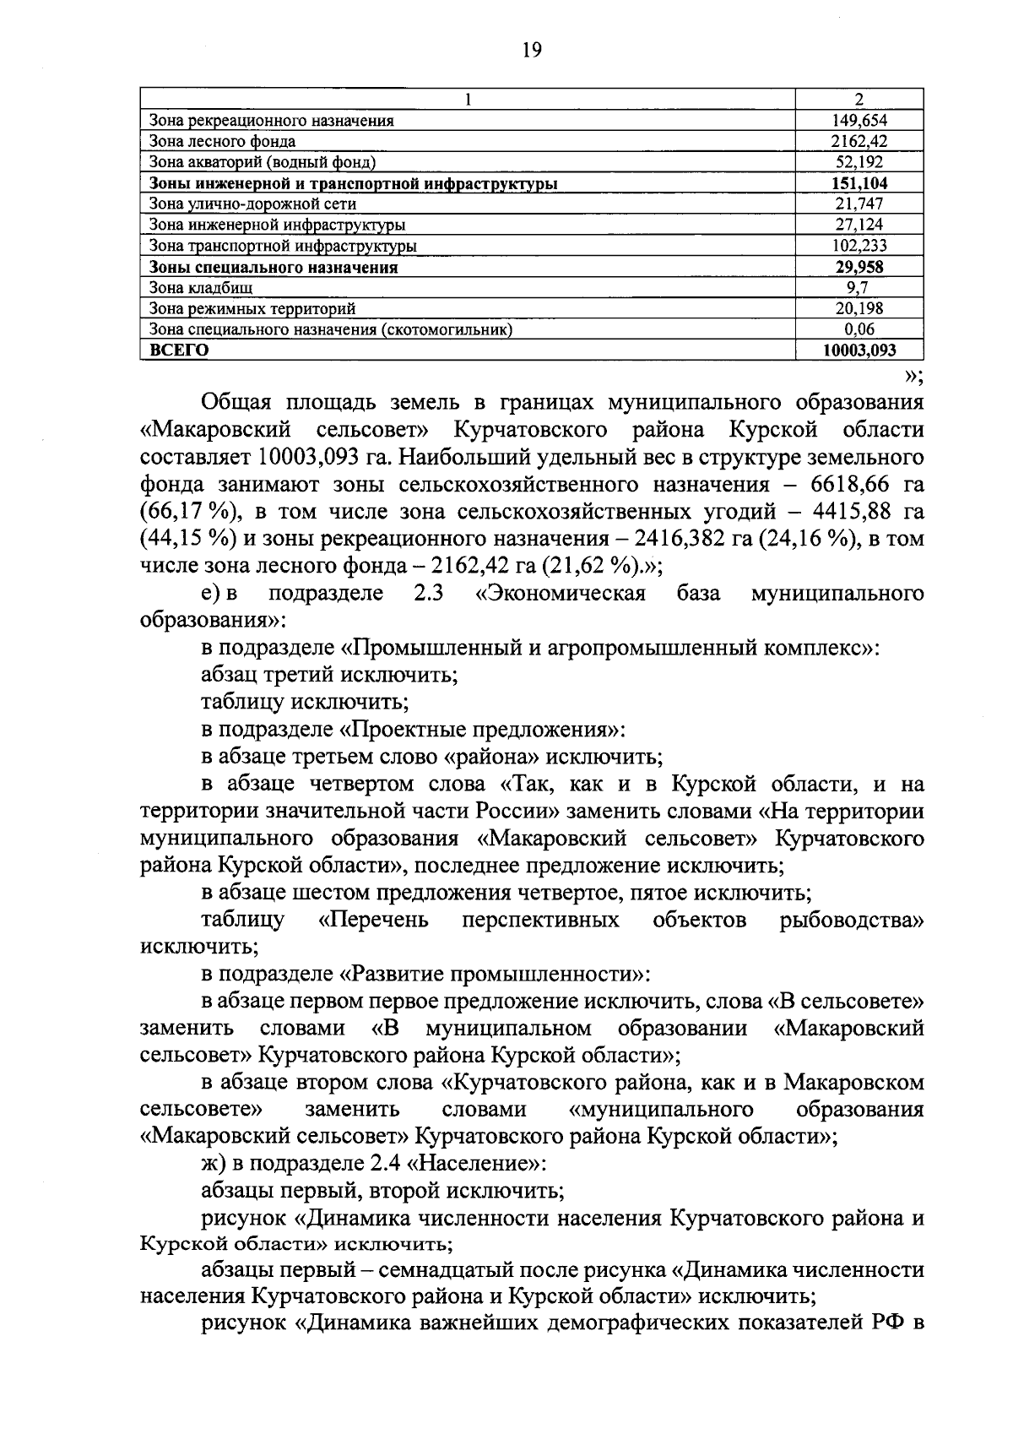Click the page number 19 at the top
531,50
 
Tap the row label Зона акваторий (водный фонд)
262,162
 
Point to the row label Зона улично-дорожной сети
252,204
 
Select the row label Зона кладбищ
200,288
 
